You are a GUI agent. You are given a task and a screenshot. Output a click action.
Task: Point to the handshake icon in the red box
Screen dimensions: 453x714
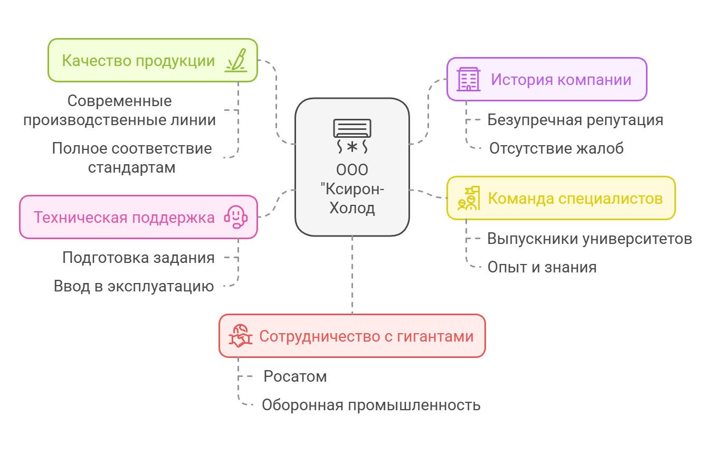pos(240,336)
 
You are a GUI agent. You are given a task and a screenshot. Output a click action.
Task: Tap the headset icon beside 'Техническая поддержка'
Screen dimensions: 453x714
pos(236,217)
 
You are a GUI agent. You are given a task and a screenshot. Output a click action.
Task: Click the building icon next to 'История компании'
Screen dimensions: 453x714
pos(468,79)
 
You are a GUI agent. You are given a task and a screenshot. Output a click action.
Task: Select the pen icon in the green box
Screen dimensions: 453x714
pos(236,60)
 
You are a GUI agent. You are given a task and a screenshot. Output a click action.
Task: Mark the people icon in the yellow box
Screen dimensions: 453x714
pos(468,199)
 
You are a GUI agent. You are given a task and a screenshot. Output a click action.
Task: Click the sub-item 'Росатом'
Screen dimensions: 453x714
pos(295,376)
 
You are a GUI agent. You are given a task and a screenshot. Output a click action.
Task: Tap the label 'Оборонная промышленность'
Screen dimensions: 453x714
pos(371,405)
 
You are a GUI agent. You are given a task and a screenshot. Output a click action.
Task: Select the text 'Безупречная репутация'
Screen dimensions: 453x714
pos(575,120)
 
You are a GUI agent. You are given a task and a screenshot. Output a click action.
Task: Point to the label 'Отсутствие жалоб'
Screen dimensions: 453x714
pos(556,148)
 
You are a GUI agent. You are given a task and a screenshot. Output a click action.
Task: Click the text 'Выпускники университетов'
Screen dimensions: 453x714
pos(589,239)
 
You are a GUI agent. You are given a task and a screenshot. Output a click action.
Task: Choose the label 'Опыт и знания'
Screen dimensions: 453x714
pos(542,267)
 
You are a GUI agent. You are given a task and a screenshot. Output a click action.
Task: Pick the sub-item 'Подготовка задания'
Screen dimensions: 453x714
pos(138,258)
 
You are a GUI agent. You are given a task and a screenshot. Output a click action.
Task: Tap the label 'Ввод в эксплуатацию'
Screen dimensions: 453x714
pos(134,286)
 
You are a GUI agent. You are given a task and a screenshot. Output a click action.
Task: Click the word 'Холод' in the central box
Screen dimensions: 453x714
pos(352,208)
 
